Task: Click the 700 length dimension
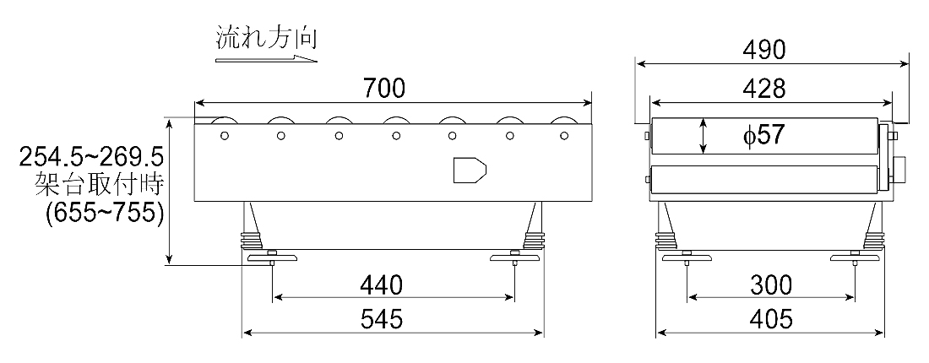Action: tap(384, 89)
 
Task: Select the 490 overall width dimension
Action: tap(763, 51)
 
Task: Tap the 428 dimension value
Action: tap(763, 89)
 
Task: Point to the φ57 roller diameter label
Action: tap(763, 136)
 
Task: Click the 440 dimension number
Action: tap(381, 285)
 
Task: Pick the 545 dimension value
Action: tap(381, 320)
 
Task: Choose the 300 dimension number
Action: tap(771, 285)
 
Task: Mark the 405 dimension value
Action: tap(771, 320)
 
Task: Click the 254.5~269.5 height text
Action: tap(91, 158)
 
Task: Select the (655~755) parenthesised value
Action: tap(104, 213)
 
